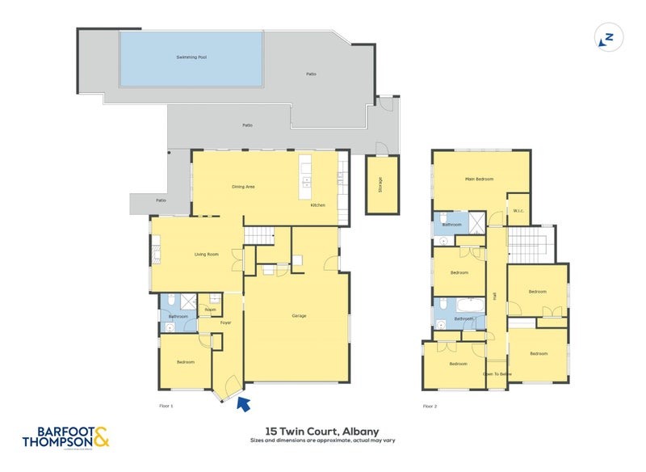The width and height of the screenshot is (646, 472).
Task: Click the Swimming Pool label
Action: [191, 57]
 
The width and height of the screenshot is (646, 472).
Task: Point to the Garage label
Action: [299, 316]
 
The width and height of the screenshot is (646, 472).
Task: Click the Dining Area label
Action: [243, 187]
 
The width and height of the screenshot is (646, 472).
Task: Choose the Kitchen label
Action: [318, 205]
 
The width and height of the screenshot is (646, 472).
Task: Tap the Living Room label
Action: [207, 255]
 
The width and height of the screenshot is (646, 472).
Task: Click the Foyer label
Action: [225, 322]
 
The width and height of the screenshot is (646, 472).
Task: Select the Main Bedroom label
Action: [479, 179]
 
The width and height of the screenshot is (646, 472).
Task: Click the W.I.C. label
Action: [518, 212]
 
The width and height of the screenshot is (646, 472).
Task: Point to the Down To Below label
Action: [497, 374]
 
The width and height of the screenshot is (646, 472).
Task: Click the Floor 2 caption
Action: [430, 407]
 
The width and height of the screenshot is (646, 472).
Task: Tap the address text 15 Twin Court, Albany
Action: [322, 432]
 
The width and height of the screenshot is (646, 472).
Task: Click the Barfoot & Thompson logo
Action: [65, 436]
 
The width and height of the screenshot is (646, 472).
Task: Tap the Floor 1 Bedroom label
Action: [186, 362]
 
